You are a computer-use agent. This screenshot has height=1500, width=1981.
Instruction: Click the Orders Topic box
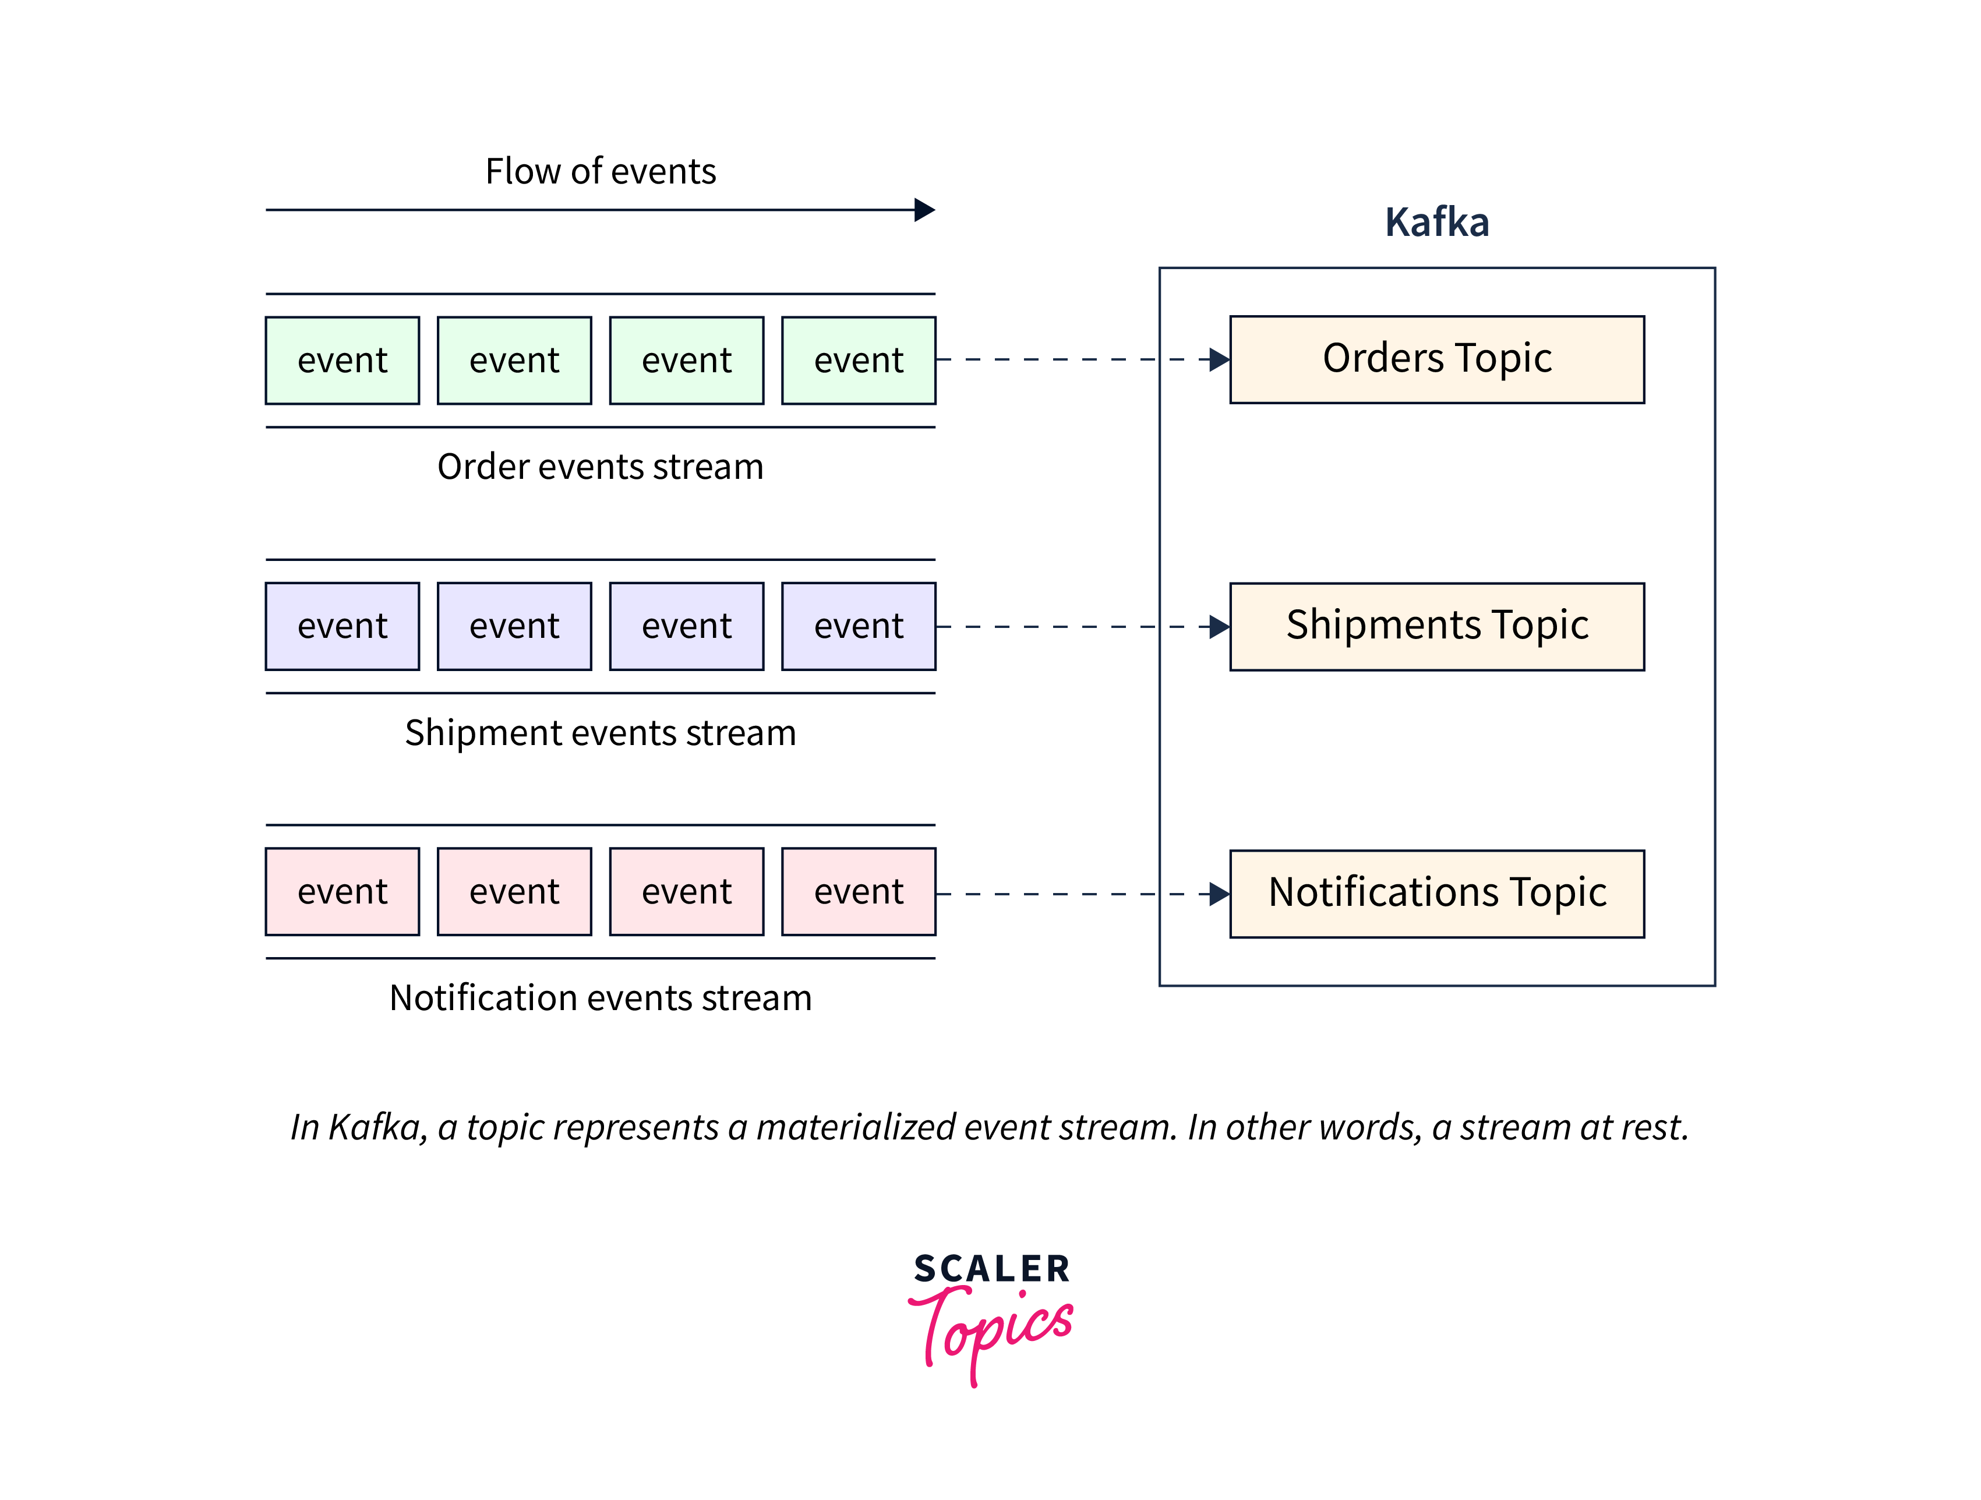(x=1436, y=359)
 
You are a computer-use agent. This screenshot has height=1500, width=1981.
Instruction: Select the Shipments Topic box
(x=1436, y=626)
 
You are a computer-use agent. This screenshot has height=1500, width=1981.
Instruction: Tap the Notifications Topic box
(x=1436, y=893)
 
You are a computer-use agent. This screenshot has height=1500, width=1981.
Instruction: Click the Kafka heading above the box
(x=1436, y=222)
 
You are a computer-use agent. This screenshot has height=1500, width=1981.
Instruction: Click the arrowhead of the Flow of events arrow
(x=925, y=210)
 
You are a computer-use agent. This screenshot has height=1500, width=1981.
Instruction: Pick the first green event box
(x=342, y=360)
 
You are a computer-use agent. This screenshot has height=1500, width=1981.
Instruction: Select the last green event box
(x=858, y=360)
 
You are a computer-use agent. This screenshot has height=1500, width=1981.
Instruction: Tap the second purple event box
(x=514, y=626)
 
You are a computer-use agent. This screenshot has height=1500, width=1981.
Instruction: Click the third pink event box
(x=686, y=891)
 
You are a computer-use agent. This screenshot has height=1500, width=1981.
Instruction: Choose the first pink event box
(x=342, y=891)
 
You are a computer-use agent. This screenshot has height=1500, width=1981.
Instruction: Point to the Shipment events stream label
(x=600, y=733)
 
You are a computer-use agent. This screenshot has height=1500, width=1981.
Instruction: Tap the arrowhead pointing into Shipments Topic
(x=1219, y=627)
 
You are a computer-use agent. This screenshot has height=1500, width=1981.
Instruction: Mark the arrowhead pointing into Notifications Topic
(x=1219, y=894)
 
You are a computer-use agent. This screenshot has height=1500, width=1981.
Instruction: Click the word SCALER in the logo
(x=991, y=1268)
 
